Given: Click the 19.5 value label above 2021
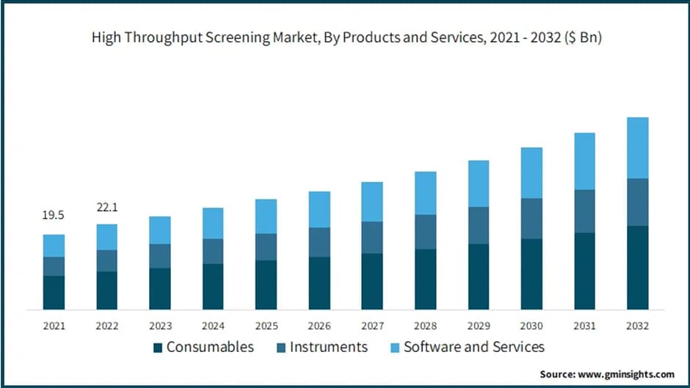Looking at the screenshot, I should pyautogui.click(x=54, y=215).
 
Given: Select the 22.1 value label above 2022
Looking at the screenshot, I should pyautogui.click(x=107, y=208).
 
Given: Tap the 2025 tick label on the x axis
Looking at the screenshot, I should pyautogui.click(x=266, y=325).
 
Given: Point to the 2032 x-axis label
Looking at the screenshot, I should pyautogui.click(x=637, y=325).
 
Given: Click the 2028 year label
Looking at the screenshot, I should pyautogui.click(x=425, y=325).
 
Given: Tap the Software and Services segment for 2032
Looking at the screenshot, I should pyautogui.click(x=637, y=147).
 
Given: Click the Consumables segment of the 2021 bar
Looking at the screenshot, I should pyautogui.click(x=54, y=292).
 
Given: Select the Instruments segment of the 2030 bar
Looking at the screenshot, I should pyautogui.click(x=531, y=219).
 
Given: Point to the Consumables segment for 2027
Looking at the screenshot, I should pyautogui.click(x=372, y=281).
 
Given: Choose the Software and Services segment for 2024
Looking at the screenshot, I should pyautogui.click(x=213, y=223).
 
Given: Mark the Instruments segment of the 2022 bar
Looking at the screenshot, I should pyautogui.click(x=106, y=260).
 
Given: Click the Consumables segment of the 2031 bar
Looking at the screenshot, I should pyautogui.click(x=584, y=271).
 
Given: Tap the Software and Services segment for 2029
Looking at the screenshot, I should pyautogui.click(x=479, y=183).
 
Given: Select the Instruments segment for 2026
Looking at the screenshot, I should pyautogui.click(x=319, y=242).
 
